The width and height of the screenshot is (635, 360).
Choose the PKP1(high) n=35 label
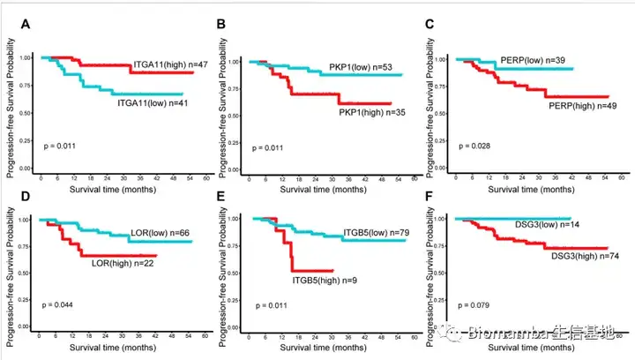pos(371,112)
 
